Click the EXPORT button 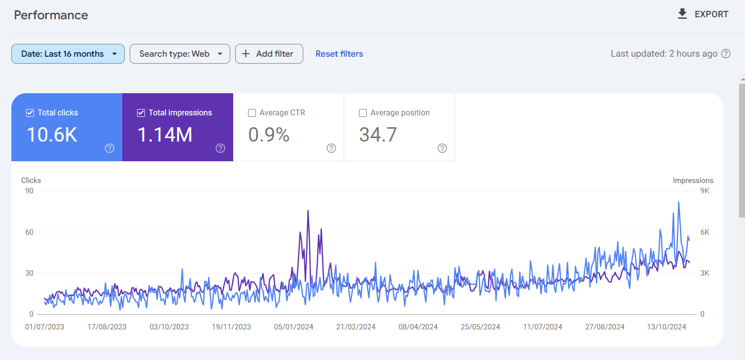[x=703, y=14]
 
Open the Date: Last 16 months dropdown [x=68, y=54]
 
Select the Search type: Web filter [x=179, y=54]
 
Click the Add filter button [x=269, y=54]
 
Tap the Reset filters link [x=339, y=54]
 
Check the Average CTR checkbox [x=252, y=113]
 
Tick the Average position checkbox [x=363, y=113]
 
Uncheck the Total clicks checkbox [x=30, y=113]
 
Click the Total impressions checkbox [x=141, y=113]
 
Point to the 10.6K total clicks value [x=52, y=135]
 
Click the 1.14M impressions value [x=165, y=135]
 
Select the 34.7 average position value [x=378, y=135]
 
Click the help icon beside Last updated [x=726, y=54]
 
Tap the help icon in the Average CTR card [x=331, y=148]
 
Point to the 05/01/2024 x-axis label [x=294, y=326]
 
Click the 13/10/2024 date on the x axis [x=667, y=326]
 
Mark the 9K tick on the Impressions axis [x=705, y=191]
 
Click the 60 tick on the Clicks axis [x=29, y=232]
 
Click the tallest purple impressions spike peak [x=308, y=211]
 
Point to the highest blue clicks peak [x=679, y=202]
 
